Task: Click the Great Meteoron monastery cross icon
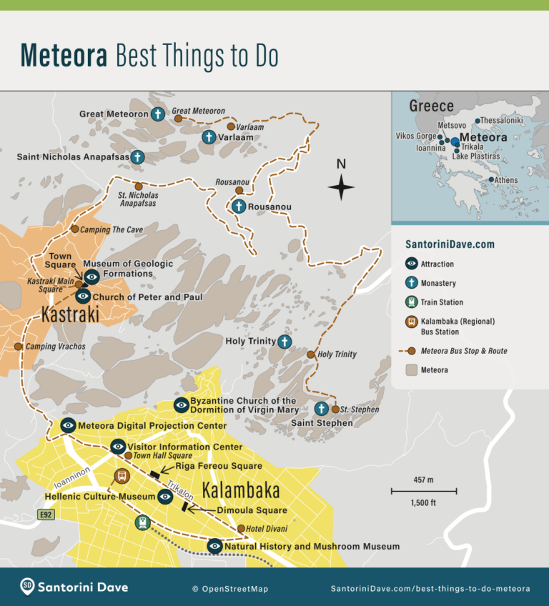coord(159,114)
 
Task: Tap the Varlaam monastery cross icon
coord(209,136)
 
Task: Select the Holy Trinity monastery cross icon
coord(285,342)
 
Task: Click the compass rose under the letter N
coord(341,188)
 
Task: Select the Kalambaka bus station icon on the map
coord(122,476)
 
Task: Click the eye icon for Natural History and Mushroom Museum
coord(214,547)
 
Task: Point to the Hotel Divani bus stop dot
coord(241,529)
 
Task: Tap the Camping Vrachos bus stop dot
coord(19,347)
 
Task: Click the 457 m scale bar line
coord(423,491)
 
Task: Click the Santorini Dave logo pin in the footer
coord(28,587)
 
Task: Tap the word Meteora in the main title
coord(64,54)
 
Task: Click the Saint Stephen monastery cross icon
coord(322,409)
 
